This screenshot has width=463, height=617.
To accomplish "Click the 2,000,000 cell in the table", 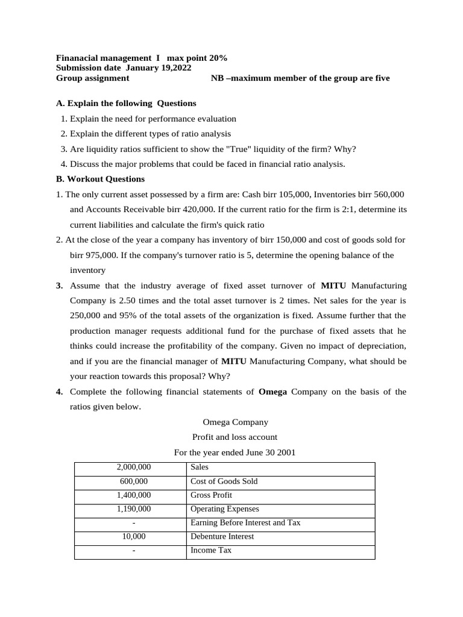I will [133, 467].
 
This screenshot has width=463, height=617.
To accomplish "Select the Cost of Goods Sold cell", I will [224, 481].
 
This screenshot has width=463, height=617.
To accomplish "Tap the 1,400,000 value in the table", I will [133, 495].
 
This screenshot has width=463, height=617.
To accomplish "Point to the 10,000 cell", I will [133, 536].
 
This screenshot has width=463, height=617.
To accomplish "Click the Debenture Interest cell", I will [222, 536].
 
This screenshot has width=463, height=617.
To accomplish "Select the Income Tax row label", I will [210, 550].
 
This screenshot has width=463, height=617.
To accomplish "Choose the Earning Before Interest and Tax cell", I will [245, 523].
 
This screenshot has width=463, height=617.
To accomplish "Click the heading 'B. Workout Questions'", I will [100, 179].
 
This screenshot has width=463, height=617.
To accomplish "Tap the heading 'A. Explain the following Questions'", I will [126, 103].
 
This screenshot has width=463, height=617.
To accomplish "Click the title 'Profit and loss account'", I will [235, 437].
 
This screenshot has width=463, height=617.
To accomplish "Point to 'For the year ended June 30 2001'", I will [235, 452].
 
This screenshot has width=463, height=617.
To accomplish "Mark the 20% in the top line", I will [218, 58].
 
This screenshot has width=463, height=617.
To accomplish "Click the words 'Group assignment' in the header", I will [92, 78].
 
